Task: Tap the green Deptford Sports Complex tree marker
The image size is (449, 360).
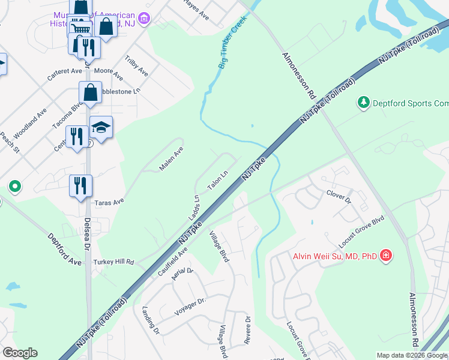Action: (x=363, y=103)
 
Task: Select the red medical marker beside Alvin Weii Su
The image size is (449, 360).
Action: (x=386, y=256)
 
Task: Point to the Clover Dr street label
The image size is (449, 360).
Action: (x=338, y=194)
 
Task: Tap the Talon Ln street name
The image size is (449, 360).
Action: (x=218, y=179)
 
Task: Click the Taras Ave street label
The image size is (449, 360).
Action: (x=109, y=202)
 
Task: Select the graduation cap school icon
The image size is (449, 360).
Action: (x=101, y=127)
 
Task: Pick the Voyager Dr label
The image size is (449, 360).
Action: (x=190, y=307)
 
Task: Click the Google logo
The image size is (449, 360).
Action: (x=20, y=353)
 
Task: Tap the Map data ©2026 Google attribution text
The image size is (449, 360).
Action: (x=412, y=355)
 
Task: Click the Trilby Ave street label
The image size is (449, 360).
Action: (x=136, y=66)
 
